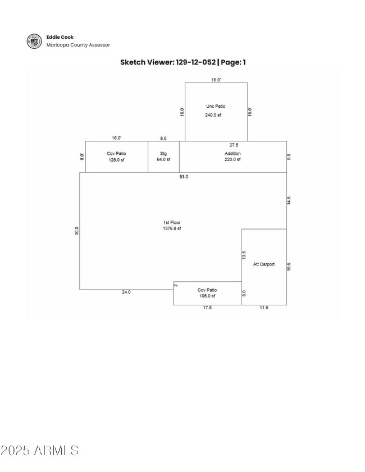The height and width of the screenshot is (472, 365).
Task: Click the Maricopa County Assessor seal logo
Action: coord(34,41)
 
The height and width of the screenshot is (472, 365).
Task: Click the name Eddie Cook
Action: coord(60,37)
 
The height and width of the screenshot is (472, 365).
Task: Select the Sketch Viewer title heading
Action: coord(182,62)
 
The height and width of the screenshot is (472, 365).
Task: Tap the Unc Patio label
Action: coord(216,106)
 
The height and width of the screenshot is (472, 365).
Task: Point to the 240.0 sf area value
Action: coord(213,115)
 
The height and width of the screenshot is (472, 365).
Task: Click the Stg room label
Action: coord(163,153)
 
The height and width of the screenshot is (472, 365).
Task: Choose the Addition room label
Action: coord(232,153)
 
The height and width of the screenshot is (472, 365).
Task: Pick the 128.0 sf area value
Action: coord(116,159)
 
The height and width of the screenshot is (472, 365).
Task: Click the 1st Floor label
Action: coord(172,223)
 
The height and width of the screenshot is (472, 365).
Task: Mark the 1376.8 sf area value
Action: coord(172,229)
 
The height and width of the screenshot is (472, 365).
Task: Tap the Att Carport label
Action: coord(264,264)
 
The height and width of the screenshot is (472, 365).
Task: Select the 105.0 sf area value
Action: coord(207,296)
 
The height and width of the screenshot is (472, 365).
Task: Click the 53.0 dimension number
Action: coord(184,177)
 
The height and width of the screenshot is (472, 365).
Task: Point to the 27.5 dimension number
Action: coord(234,145)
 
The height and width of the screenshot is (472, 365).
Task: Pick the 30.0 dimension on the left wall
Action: coord(77,231)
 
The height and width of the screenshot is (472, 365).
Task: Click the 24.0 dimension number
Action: coord(126,292)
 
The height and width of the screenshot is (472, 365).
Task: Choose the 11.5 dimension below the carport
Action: coord(263,308)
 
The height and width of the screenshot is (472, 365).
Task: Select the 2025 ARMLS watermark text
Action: coord(40,450)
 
